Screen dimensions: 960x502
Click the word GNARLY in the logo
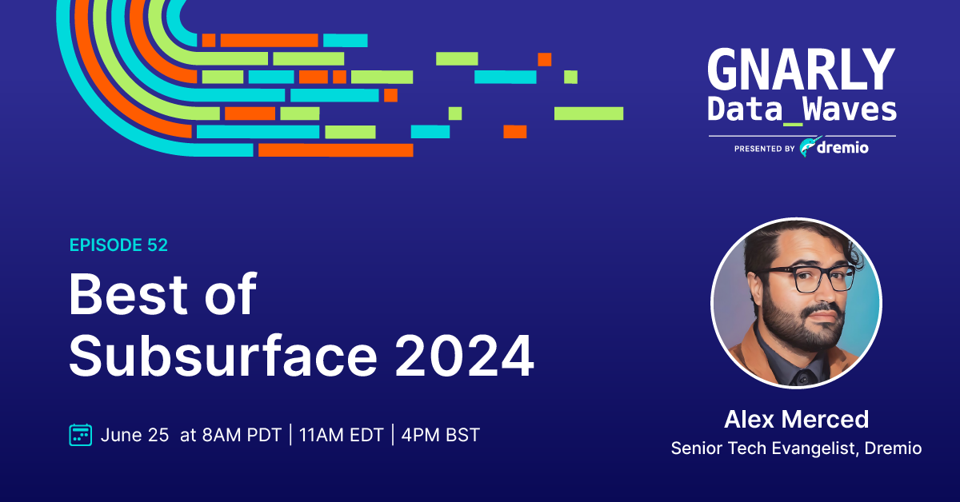coord(802,70)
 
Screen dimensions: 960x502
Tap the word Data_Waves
coord(802,110)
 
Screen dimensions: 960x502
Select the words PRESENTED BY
coord(765,149)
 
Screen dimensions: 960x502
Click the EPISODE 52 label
coord(118,245)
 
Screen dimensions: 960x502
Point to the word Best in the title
coord(127,295)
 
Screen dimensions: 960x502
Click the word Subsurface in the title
coord(223,356)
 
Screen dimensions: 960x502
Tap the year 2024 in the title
coord(464,357)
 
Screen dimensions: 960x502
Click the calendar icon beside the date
coord(81,435)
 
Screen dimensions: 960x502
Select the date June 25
coord(134,435)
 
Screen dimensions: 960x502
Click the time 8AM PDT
coord(242,435)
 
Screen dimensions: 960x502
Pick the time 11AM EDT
coord(341,435)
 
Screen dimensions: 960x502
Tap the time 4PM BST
coord(441,435)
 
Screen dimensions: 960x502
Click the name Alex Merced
coord(796,419)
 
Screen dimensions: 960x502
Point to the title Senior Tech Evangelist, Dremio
coord(796,448)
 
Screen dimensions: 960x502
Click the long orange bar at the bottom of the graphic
coord(335,150)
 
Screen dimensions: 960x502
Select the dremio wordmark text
coord(842,148)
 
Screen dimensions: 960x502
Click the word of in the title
coord(230,294)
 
